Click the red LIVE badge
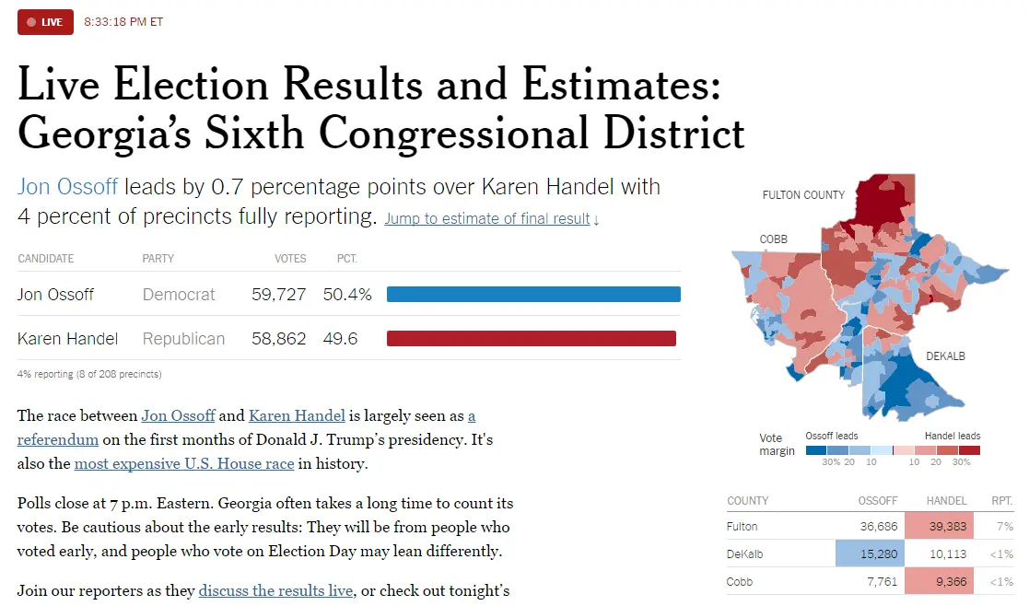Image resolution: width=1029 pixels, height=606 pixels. [45, 22]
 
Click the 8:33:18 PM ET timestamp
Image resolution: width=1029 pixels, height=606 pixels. [123, 22]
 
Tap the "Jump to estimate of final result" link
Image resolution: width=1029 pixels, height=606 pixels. [492, 218]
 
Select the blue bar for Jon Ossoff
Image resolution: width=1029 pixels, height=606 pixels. [533, 295]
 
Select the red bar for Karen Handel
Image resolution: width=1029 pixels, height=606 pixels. [532, 338]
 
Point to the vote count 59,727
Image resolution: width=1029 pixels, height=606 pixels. [279, 295]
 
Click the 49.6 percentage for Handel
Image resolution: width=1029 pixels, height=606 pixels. [340, 338]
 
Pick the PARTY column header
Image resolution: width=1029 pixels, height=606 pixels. [158, 259]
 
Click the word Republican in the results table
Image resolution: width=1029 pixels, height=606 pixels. [183, 339]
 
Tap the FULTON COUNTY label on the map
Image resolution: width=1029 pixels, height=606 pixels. [803, 195]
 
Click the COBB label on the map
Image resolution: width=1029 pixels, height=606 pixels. [773, 239]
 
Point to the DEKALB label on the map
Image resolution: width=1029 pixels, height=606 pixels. [945, 356]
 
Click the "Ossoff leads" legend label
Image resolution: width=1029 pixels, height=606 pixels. [832, 436]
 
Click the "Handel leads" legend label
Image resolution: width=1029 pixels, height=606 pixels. [953, 436]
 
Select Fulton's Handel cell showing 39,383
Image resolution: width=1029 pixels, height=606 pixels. [939, 526]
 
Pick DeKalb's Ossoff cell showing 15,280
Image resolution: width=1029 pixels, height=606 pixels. [871, 554]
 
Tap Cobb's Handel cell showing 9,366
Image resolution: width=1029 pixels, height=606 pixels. [939, 581]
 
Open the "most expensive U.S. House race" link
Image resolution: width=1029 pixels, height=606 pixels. [183, 463]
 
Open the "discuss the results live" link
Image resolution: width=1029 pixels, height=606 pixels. [275, 590]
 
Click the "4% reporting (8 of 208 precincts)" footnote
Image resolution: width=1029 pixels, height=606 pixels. [89, 374]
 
